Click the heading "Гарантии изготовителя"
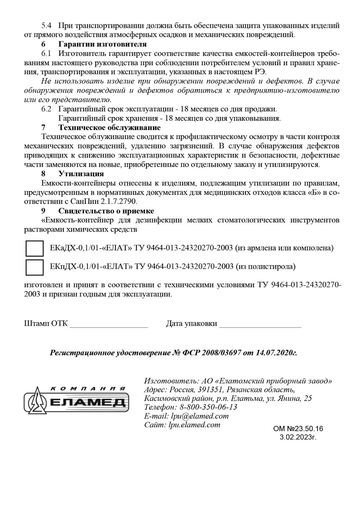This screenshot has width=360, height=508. (x=102, y=44)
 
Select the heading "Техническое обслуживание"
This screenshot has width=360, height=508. (x=109, y=128)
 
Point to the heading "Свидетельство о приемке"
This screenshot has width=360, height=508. (x=106, y=211)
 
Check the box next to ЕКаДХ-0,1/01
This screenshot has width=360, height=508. (x=34, y=249)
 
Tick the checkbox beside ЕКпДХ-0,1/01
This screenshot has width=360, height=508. (x=34, y=267)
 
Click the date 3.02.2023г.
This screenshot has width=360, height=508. (x=298, y=437)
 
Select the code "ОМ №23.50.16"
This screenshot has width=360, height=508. (x=298, y=429)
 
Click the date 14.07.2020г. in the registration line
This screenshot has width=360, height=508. (x=276, y=353)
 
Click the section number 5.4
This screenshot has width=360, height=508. (x=47, y=26)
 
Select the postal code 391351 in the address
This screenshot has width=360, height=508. (x=211, y=390)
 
